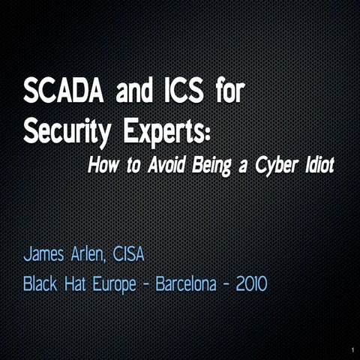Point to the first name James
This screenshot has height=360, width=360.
tap(48, 256)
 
